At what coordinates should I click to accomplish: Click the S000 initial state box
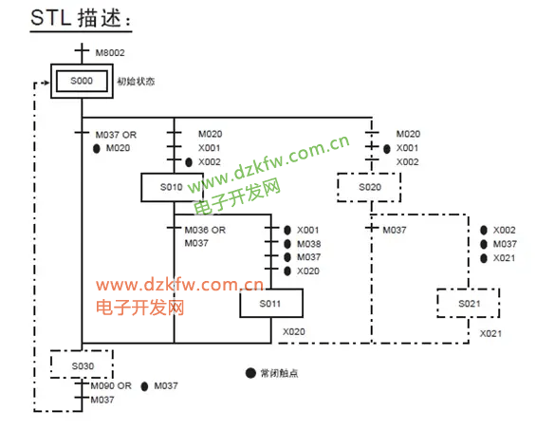[82, 81]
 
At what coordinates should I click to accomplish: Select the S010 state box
[172, 187]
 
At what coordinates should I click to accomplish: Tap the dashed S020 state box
[369, 187]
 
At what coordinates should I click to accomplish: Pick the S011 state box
[271, 303]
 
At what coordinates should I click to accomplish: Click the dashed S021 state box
[469, 303]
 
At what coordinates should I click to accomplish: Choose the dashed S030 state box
[82, 365]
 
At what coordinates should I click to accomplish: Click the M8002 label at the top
[110, 52]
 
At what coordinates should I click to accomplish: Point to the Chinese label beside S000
[136, 82]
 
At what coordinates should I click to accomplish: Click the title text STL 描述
[81, 18]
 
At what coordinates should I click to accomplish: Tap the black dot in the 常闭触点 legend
[250, 373]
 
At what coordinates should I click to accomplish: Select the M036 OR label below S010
[205, 230]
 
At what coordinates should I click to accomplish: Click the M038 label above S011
[309, 244]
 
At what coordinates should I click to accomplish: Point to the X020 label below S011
[294, 332]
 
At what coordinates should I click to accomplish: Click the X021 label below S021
[490, 333]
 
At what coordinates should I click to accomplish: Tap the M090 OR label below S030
[111, 386]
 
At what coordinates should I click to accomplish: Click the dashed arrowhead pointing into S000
[46, 83]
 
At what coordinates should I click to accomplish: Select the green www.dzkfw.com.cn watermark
[269, 163]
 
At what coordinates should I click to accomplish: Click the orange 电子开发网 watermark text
[140, 308]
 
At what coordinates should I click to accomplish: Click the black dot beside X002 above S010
[189, 162]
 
